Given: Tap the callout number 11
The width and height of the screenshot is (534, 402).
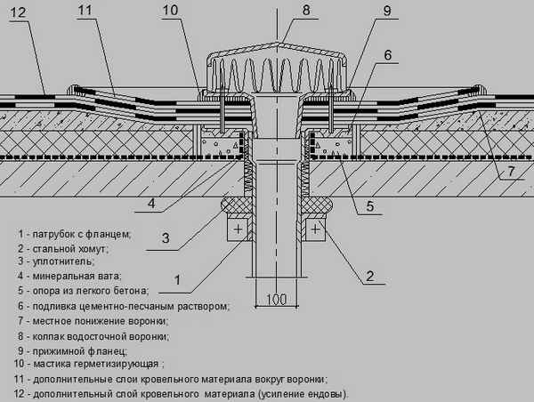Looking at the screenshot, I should [x=85, y=11].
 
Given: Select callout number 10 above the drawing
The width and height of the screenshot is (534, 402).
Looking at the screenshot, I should [x=171, y=11].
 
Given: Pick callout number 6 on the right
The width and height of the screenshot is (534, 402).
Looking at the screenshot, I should [x=387, y=55].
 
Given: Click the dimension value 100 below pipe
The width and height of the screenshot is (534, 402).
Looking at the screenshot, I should [x=277, y=298].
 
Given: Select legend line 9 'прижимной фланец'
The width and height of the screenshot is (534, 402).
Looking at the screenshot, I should [x=77, y=350].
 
